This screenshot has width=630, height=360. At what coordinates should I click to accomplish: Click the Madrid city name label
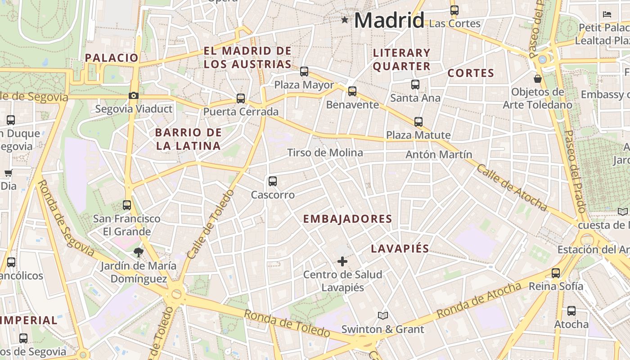[x=389, y=20]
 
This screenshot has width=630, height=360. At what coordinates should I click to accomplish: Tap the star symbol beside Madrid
[x=345, y=20]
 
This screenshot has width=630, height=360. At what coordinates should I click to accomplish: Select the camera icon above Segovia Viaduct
[x=133, y=95]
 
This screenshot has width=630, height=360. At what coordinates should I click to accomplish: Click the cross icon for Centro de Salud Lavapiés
[x=342, y=261]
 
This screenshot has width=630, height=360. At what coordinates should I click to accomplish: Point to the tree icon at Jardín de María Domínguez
[x=138, y=252]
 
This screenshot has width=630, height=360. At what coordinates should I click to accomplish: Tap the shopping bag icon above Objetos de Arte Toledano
[x=537, y=79]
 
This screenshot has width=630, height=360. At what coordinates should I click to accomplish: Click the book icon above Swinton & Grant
[x=382, y=316]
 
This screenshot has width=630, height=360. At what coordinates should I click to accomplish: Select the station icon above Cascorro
[x=272, y=181]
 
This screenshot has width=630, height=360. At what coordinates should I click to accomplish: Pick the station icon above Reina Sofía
[x=556, y=273]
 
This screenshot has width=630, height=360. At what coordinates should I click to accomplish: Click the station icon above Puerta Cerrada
[x=241, y=99]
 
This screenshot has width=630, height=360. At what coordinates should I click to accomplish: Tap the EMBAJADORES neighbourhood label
[x=347, y=219]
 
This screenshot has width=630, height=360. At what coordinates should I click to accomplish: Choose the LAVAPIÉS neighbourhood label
[x=400, y=249]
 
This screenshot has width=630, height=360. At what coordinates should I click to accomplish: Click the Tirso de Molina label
[x=325, y=153]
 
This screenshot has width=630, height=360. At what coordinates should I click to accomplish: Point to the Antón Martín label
[x=439, y=155]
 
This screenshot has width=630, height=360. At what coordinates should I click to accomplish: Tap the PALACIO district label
[x=111, y=58]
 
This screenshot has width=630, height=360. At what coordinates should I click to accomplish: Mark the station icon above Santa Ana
[x=415, y=84]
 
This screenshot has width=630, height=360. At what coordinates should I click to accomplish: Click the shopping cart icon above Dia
[x=8, y=173]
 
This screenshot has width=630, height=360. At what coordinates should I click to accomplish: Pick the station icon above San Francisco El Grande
[x=127, y=205]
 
